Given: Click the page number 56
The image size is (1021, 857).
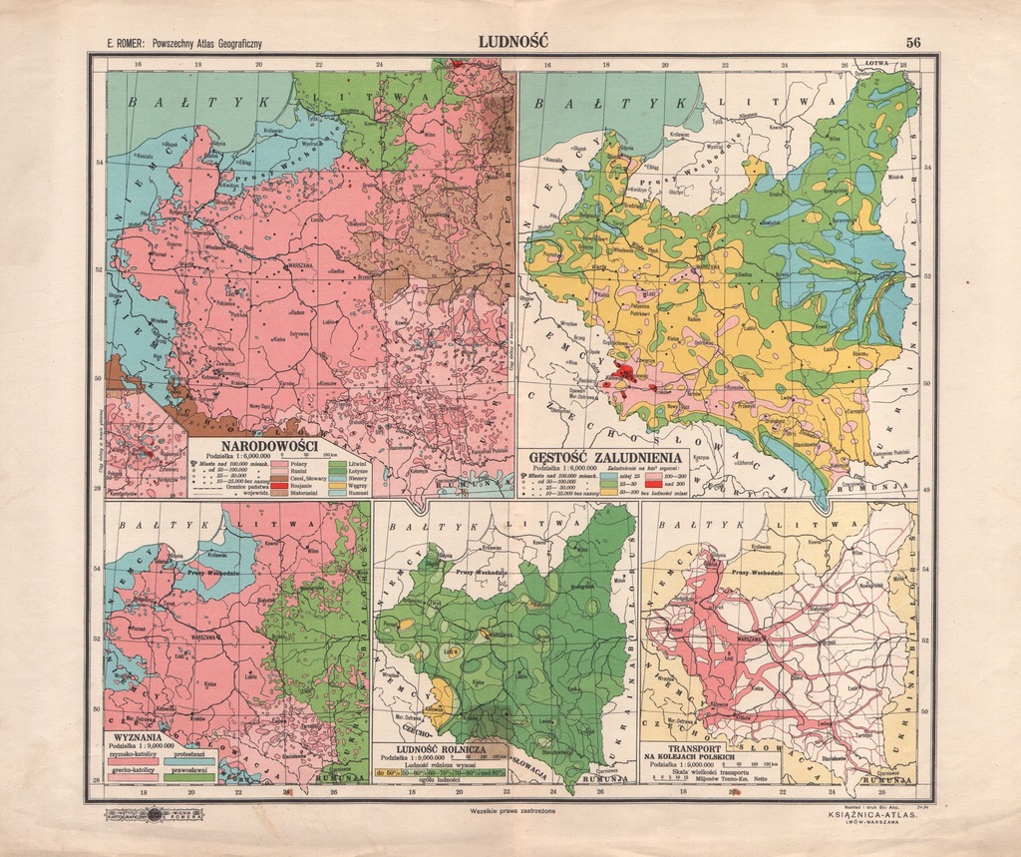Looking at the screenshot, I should pyautogui.click(x=913, y=42).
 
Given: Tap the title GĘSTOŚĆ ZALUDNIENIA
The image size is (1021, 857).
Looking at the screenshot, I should pyautogui.click(x=605, y=458).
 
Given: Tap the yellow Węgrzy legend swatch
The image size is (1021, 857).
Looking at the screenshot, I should pyautogui.click(x=337, y=486).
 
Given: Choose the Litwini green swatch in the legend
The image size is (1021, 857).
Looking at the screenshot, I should pyautogui.click(x=337, y=464).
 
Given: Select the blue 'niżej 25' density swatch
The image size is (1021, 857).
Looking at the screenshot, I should pyautogui.click(x=608, y=476).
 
